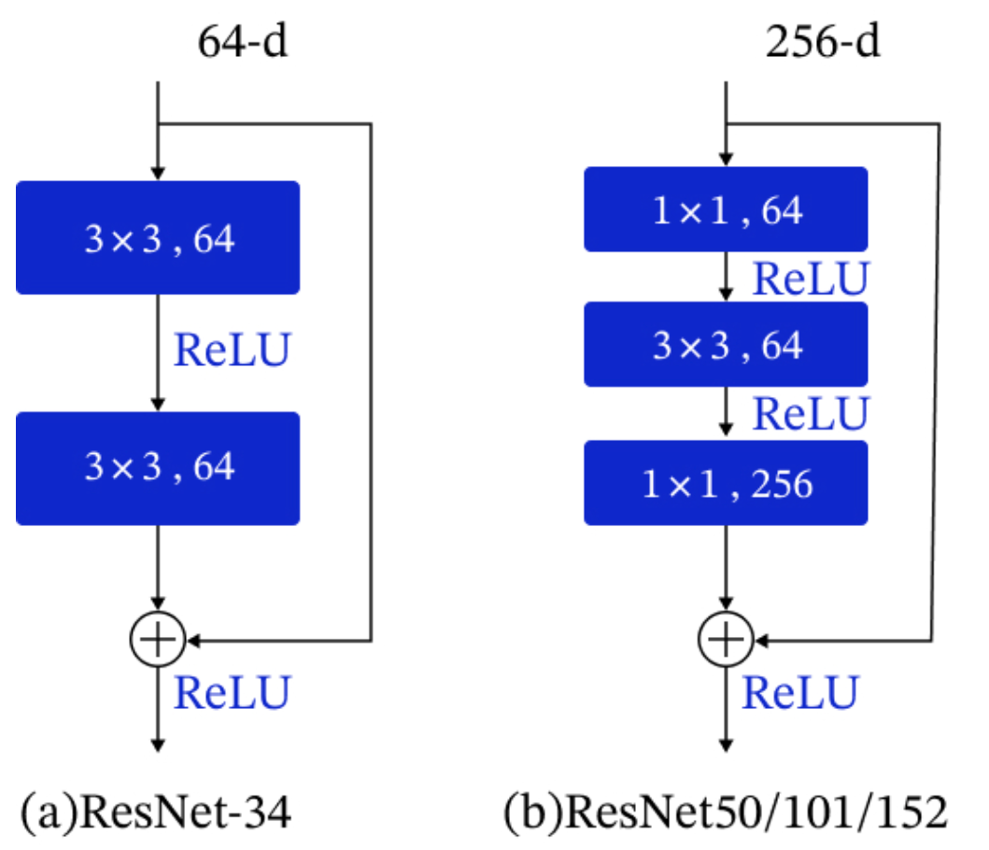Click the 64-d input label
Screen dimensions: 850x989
242,43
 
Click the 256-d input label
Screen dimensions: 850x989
822,43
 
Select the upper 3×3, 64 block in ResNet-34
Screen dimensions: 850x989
158,238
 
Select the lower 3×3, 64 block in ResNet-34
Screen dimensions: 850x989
158,467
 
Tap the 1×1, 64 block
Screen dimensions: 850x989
726,211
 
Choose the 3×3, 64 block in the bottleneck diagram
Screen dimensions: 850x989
726,346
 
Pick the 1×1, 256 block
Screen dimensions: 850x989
726,483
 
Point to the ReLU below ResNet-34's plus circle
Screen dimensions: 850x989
233,692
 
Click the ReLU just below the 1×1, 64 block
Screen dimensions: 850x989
812,277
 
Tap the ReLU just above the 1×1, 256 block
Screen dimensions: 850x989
812,413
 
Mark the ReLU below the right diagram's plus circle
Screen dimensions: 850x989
800,692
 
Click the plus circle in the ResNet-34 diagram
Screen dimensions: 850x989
159,640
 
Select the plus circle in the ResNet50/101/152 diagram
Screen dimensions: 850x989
727,640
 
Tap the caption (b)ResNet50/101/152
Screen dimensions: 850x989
726,813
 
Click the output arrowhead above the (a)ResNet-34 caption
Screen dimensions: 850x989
159,744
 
